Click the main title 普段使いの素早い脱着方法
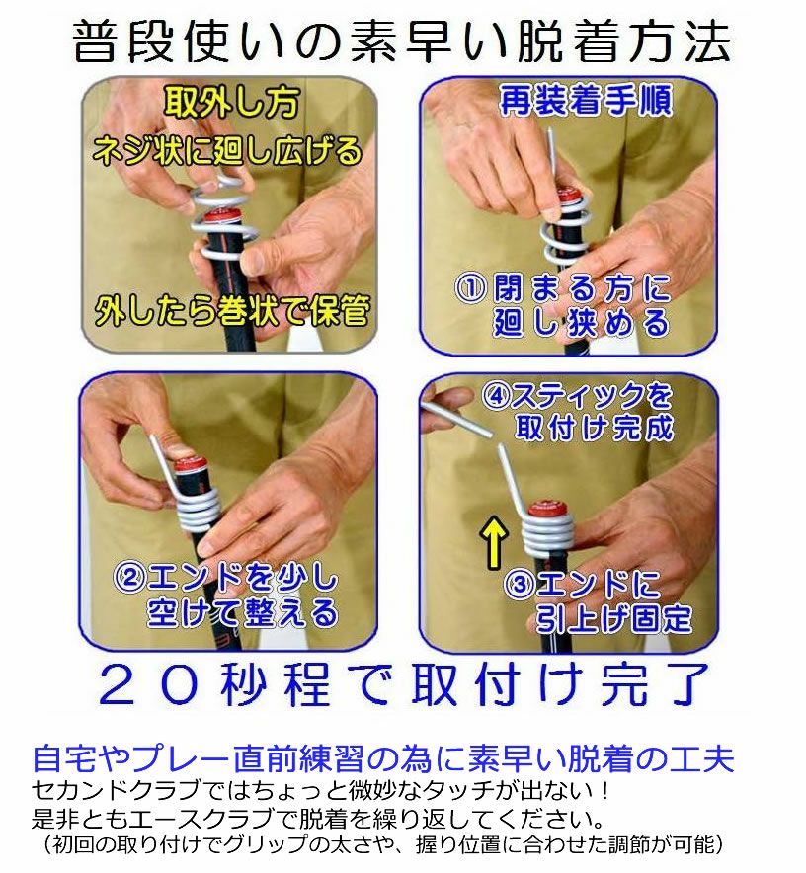(402, 41)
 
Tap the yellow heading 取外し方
(231, 102)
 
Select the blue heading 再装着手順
(586, 101)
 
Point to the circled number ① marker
(471, 287)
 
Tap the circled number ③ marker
(520, 584)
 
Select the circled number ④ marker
(497, 396)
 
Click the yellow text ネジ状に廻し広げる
(227, 151)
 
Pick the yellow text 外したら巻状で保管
(232, 310)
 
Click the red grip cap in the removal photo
(223, 216)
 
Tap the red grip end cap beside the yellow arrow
(547, 510)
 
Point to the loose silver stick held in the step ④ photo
(455, 418)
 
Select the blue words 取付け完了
(560, 684)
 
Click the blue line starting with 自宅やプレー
(383, 759)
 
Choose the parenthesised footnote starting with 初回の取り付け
(382, 844)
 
